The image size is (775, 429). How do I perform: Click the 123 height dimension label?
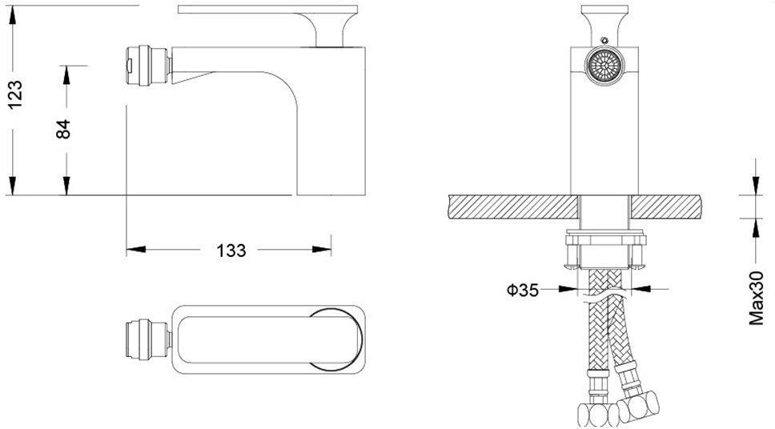tap(15, 94)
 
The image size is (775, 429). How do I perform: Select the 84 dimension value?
tap(62, 129)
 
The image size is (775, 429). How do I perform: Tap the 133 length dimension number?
tap(231, 251)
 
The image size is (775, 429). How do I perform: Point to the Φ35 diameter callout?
tap(523, 290)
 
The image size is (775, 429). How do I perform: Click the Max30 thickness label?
tap(756, 298)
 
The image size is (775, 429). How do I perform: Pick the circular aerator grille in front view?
tap(604, 66)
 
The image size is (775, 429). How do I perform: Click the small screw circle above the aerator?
tap(604, 40)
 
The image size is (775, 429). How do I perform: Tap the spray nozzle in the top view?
tap(148, 339)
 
